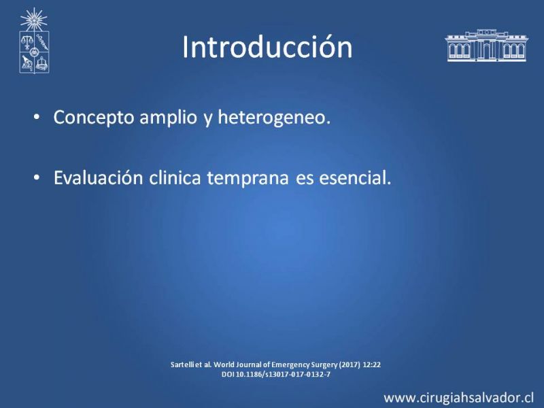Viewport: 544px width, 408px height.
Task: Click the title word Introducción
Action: point(267,47)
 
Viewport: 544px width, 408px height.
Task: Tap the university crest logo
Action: point(34,41)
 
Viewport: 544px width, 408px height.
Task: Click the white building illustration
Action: point(486,46)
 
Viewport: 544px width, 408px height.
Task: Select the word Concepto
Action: point(94,118)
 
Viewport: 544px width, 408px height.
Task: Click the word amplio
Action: point(168,118)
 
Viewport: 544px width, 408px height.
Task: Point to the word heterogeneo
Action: point(274,118)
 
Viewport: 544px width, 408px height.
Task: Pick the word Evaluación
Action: point(98,178)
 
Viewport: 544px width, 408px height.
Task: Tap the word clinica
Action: point(175,178)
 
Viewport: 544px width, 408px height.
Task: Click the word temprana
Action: point(248,179)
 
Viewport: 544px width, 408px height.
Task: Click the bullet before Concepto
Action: point(37,117)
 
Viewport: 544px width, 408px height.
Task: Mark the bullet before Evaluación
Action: point(37,177)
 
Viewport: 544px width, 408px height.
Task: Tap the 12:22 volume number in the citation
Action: point(371,364)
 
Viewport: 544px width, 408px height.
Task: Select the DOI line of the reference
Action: point(276,375)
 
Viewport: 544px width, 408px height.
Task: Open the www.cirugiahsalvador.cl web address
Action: point(458,398)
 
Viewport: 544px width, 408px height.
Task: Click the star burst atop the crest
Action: point(33,20)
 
